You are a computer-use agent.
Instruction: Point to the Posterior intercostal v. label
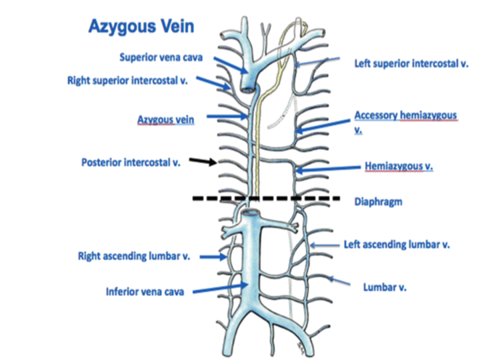click(x=135, y=161)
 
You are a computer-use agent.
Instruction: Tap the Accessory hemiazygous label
click(x=405, y=115)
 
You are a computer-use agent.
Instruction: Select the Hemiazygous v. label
click(x=399, y=167)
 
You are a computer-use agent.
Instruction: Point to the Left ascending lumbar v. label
click(x=397, y=244)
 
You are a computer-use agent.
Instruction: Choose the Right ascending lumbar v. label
click(x=135, y=255)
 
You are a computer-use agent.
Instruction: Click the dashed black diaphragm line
click(x=267, y=199)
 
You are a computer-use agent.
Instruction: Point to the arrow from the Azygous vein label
click(x=227, y=118)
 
